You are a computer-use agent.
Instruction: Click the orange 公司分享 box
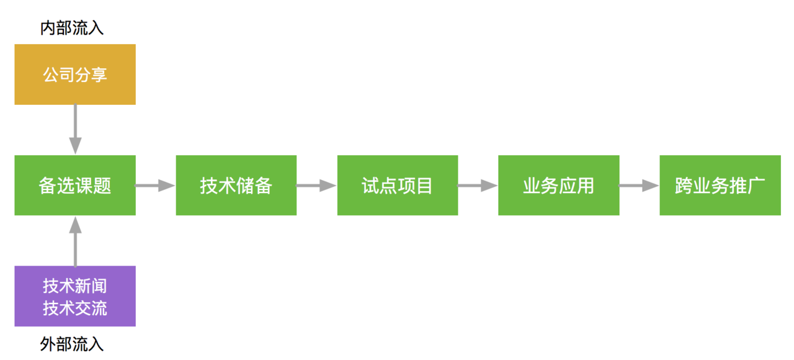click(75, 74)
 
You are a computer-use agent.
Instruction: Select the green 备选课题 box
click(75, 185)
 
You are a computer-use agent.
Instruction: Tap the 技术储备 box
click(236, 185)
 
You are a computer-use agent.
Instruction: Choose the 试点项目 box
click(398, 185)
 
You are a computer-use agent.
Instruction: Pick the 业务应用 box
click(559, 185)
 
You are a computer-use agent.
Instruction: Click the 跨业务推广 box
click(720, 185)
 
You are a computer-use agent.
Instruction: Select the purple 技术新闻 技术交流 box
click(75, 296)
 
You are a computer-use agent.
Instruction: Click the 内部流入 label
click(71, 28)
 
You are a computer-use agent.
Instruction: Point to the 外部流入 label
click(71, 344)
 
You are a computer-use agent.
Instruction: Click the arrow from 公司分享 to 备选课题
click(75, 129)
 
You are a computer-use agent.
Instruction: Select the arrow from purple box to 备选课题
click(75, 241)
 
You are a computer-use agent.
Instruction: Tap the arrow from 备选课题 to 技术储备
click(155, 186)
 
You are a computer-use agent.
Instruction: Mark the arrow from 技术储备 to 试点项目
click(316, 186)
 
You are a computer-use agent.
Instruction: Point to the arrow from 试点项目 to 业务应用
click(478, 186)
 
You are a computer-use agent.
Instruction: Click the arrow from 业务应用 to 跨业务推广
click(639, 186)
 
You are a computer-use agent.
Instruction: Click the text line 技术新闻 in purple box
click(75, 286)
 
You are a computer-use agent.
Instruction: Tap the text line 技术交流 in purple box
click(75, 308)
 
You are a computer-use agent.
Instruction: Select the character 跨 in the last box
click(684, 186)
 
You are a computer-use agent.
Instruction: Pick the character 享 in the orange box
click(99, 74)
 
